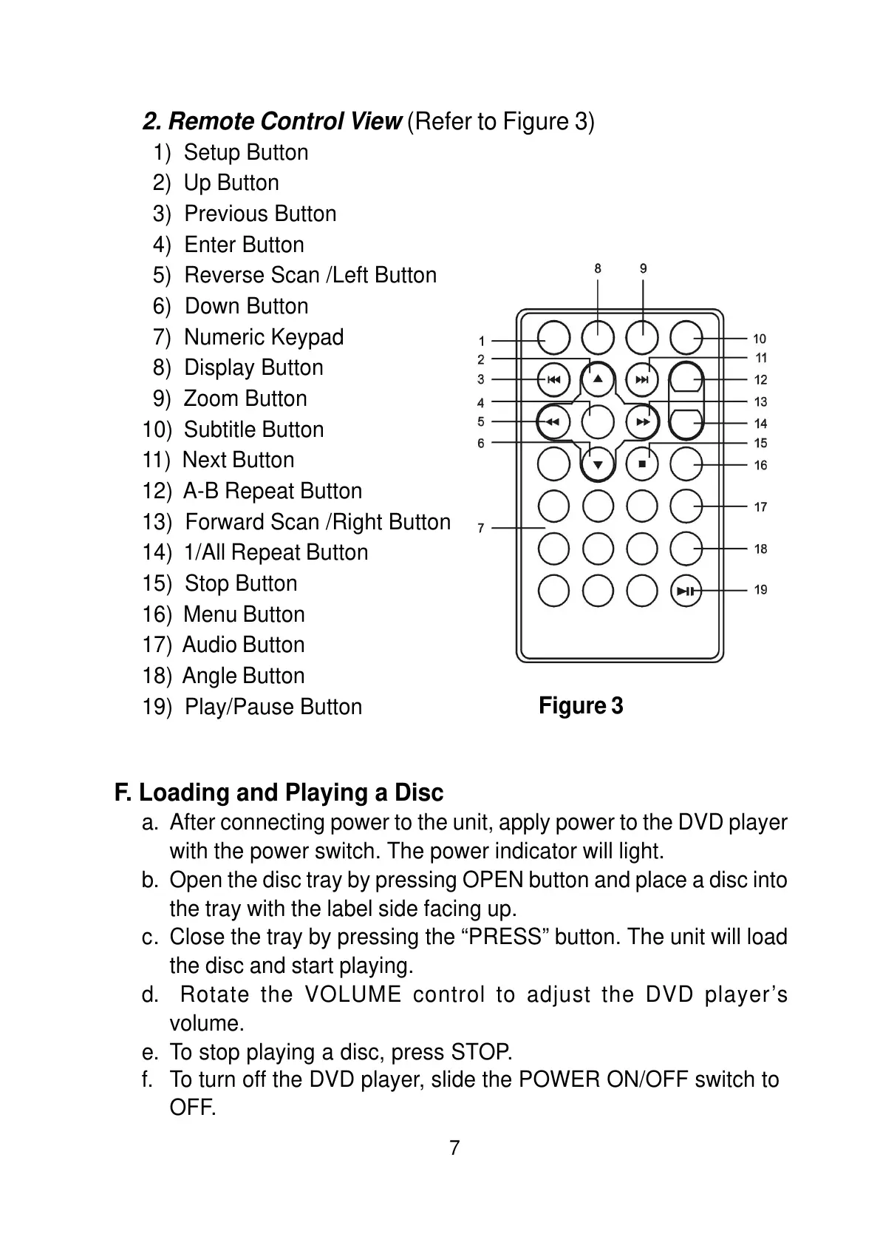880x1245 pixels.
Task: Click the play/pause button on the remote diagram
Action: coord(686,590)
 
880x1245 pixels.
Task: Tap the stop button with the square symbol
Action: coord(642,464)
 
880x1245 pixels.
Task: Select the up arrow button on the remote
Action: coord(598,380)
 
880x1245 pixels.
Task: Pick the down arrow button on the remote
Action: coord(598,465)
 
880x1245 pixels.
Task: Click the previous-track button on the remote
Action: coord(553,380)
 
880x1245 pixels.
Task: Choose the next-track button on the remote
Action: coord(642,380)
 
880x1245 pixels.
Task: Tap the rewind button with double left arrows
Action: coord(553,422)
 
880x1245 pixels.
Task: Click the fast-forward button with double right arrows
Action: coord(642,422)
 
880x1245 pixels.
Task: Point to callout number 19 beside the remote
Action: coord(760,590)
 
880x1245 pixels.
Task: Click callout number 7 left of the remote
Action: coord(481,528)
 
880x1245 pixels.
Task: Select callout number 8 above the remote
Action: coord(598,269)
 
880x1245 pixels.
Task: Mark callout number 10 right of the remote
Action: coord(760,339)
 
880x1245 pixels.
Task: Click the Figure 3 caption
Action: coord(581,706)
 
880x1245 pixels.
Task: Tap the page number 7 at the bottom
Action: coord(454,1148)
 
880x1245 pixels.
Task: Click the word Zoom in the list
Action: coord(208,398)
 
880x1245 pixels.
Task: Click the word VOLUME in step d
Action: coord(352,995)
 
